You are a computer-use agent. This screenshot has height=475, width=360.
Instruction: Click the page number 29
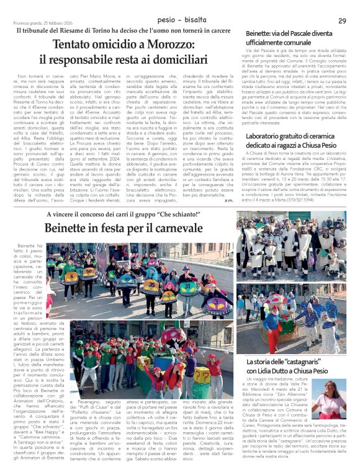[x=343, y=21]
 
